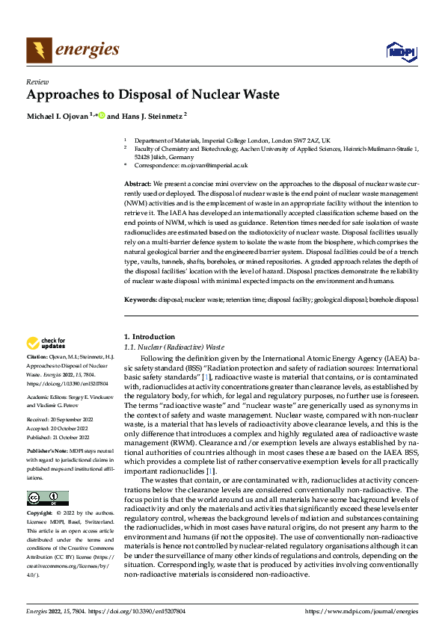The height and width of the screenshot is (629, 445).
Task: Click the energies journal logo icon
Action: click(x=39, y=50)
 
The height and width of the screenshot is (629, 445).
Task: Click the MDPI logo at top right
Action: click(x=400, y=51)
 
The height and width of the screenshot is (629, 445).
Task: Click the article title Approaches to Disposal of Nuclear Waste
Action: click(x=153, y=95)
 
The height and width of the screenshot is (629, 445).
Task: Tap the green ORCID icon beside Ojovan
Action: click(x=102, y=116)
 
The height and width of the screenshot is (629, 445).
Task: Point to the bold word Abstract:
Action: click(x=138, y=184)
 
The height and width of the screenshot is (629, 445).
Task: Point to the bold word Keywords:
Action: click(x=141, y=300)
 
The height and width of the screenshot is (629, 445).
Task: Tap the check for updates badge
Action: click(x=46, y=344)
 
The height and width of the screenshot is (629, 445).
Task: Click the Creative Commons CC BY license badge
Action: click(x=47, y=477)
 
